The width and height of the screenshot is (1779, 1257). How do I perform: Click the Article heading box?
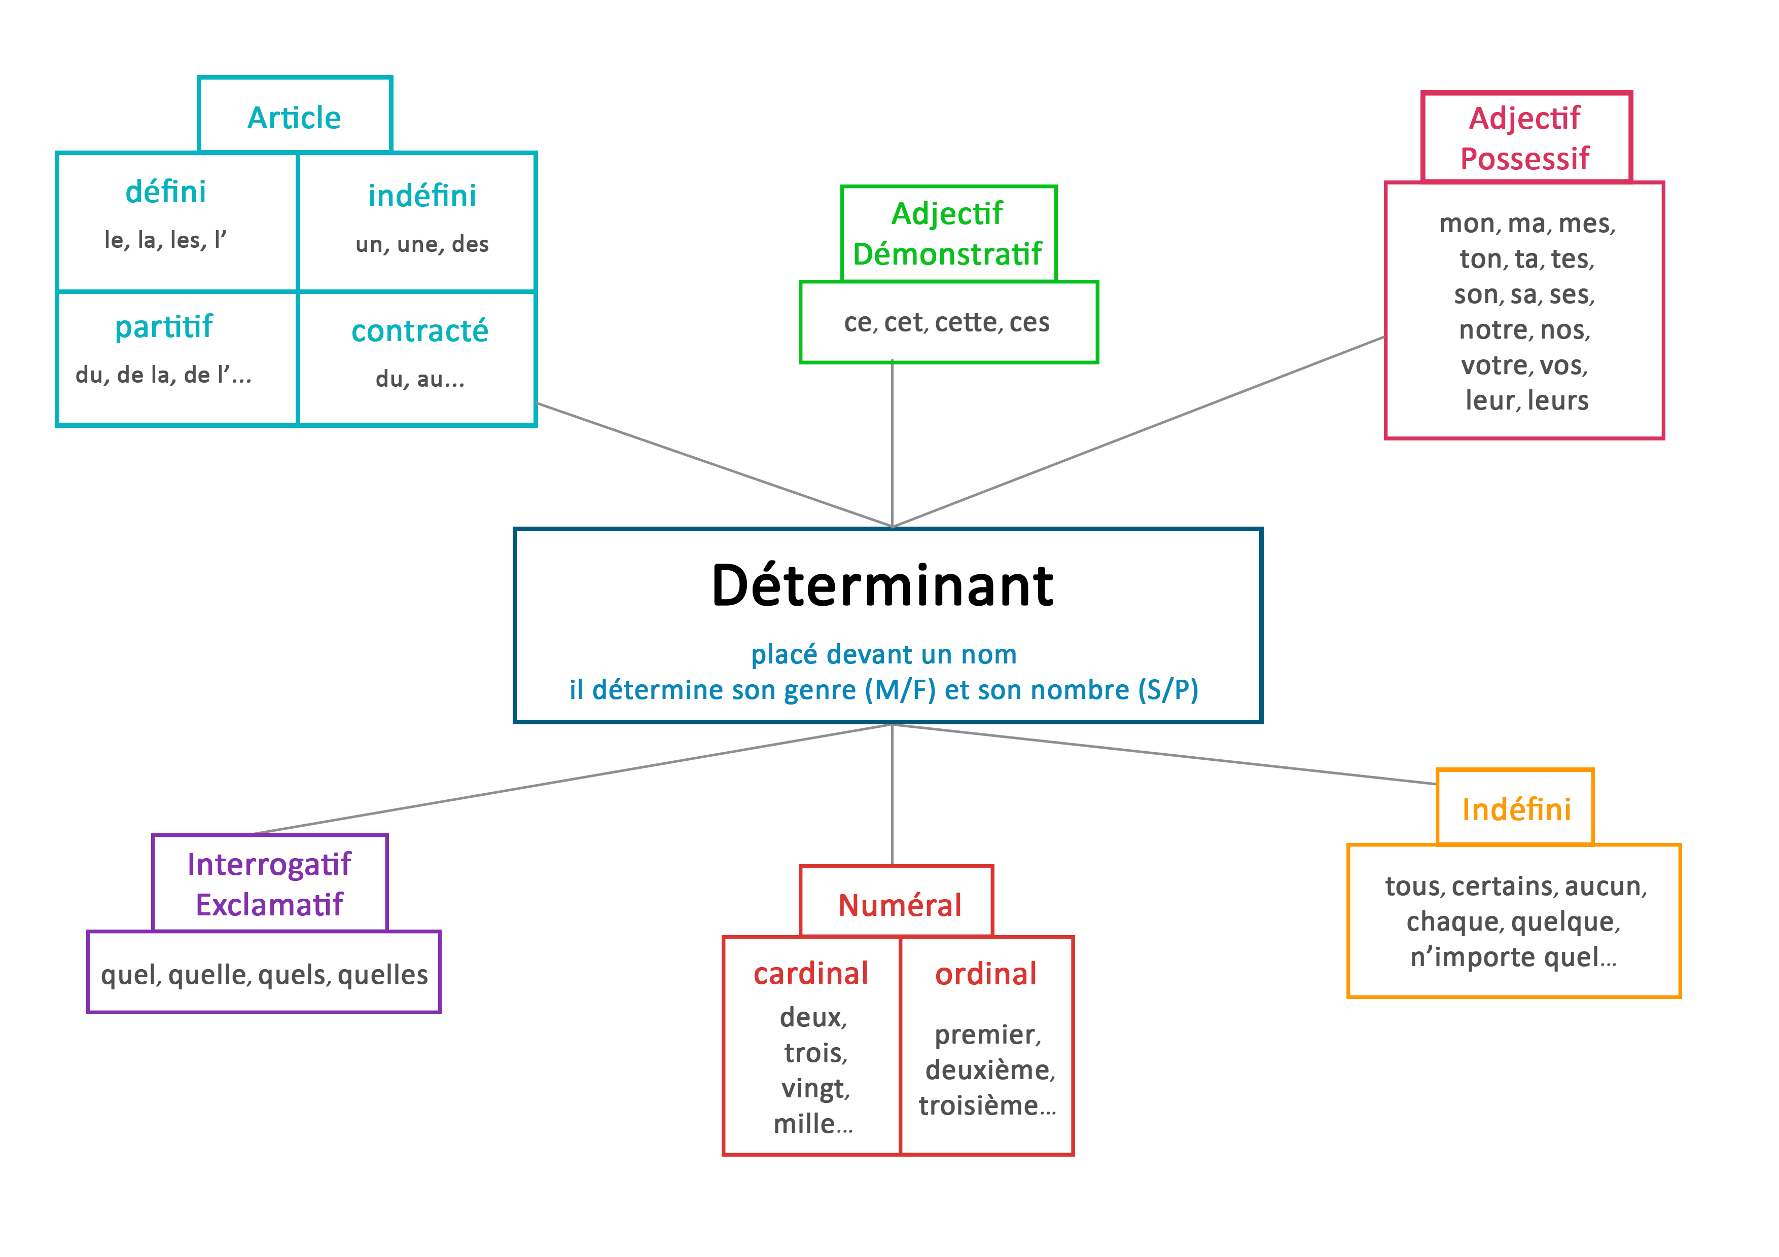click(295, 118)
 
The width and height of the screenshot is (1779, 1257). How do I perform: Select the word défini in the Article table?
click(166, 192)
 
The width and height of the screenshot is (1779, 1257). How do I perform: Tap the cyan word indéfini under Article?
click(422, 196)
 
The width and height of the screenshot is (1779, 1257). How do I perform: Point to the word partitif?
click(163, 327)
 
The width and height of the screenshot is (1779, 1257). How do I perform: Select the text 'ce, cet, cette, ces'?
click(947, 322)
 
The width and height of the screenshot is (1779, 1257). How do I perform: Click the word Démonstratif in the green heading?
click(947, 254)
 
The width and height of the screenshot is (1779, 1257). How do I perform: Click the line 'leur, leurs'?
click(1526, 400)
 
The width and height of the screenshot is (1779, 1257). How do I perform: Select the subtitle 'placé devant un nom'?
click(883, 654)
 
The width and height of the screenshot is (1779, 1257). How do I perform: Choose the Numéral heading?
click(900, 905)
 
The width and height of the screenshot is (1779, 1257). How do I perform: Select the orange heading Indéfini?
click(1516, 809)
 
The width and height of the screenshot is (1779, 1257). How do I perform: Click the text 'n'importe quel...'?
click(1513, 957)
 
